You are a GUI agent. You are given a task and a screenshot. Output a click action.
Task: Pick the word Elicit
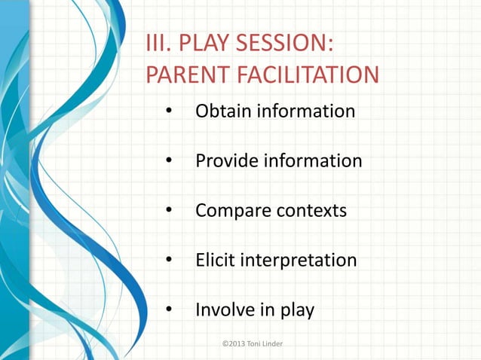[214, 261]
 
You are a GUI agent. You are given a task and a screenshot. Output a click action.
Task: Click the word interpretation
[298, 261]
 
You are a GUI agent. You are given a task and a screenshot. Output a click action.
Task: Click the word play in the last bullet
[296, 310]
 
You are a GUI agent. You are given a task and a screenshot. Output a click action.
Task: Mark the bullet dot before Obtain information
[170, 112]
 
